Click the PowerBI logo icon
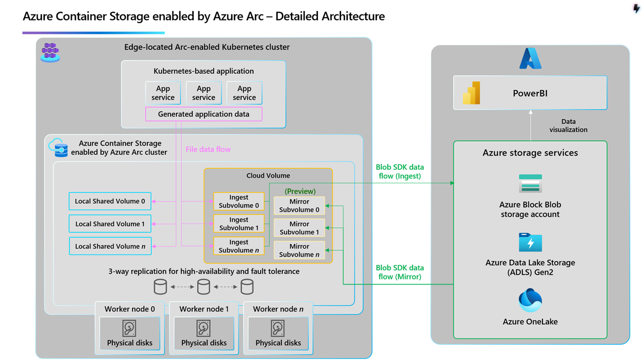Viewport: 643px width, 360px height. coord(471,93)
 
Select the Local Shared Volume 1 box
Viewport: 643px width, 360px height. coord(110,224)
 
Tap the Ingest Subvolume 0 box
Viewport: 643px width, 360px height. coord(239,201)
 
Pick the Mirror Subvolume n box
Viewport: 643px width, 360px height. coord(299,250)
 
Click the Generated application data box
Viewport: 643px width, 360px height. coord(204,114)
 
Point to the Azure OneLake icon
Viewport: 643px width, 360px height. coord(530,300)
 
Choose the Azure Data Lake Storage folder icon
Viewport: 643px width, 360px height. coord(530,243)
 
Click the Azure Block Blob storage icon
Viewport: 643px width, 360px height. coord(530,184)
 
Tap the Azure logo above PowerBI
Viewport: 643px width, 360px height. coord(530,59)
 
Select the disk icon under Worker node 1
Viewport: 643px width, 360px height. coord(204,328)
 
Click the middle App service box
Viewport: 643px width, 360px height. coord(204,93)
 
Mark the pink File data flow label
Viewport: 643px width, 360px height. coord(208,149)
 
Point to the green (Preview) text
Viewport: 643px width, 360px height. coord(300,191)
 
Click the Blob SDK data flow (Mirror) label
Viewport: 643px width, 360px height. coord(400,272)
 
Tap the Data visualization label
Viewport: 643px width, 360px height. coord(568,126)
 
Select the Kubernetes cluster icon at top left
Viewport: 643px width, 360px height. coord(50,53)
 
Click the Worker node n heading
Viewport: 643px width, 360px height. coord(278,309)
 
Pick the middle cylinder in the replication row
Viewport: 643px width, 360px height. coord(204,287)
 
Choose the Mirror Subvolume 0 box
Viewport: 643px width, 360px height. coord(299,205)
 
